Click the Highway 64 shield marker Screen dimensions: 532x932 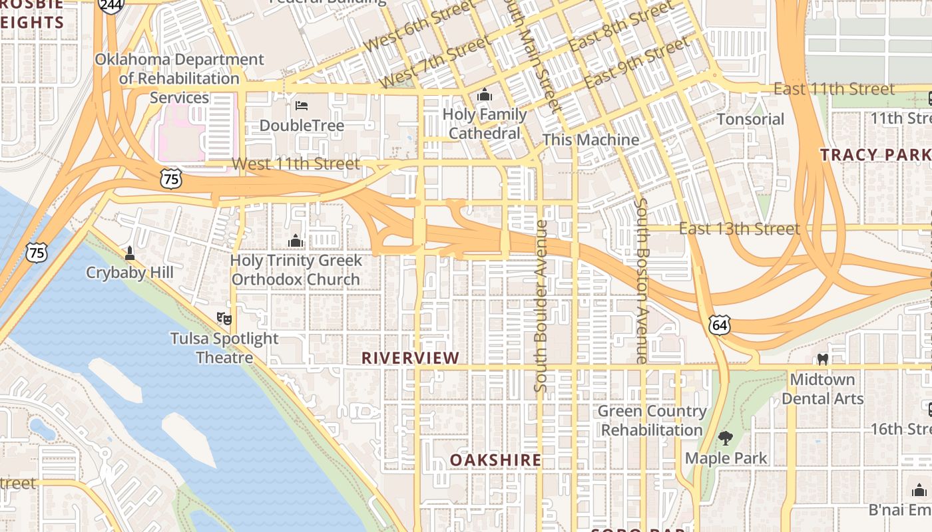(720, 325)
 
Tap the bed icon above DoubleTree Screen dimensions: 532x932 (302, 105)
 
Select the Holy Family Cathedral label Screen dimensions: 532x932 (485, 124)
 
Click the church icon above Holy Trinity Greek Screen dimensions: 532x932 (296, 240)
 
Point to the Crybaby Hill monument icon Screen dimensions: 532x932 (130, 253)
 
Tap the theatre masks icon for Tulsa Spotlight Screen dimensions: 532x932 (224, 319)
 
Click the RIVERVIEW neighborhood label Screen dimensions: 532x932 (410, 358)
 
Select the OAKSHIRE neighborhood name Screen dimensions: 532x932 (495, 460)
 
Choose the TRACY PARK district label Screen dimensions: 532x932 (875, 155)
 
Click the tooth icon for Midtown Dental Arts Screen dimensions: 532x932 (823, 359)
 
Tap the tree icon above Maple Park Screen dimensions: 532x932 (726, 438)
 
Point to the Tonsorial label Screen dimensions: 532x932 (750, 119)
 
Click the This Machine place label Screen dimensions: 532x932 (590, 140)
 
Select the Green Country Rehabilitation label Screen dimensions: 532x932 (652, 420)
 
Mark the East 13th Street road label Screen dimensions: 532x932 (739, 229)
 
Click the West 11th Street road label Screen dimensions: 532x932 (296, 163)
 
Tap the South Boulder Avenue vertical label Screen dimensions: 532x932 (541, 306)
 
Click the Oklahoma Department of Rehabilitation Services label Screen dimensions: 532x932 (179, 78)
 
